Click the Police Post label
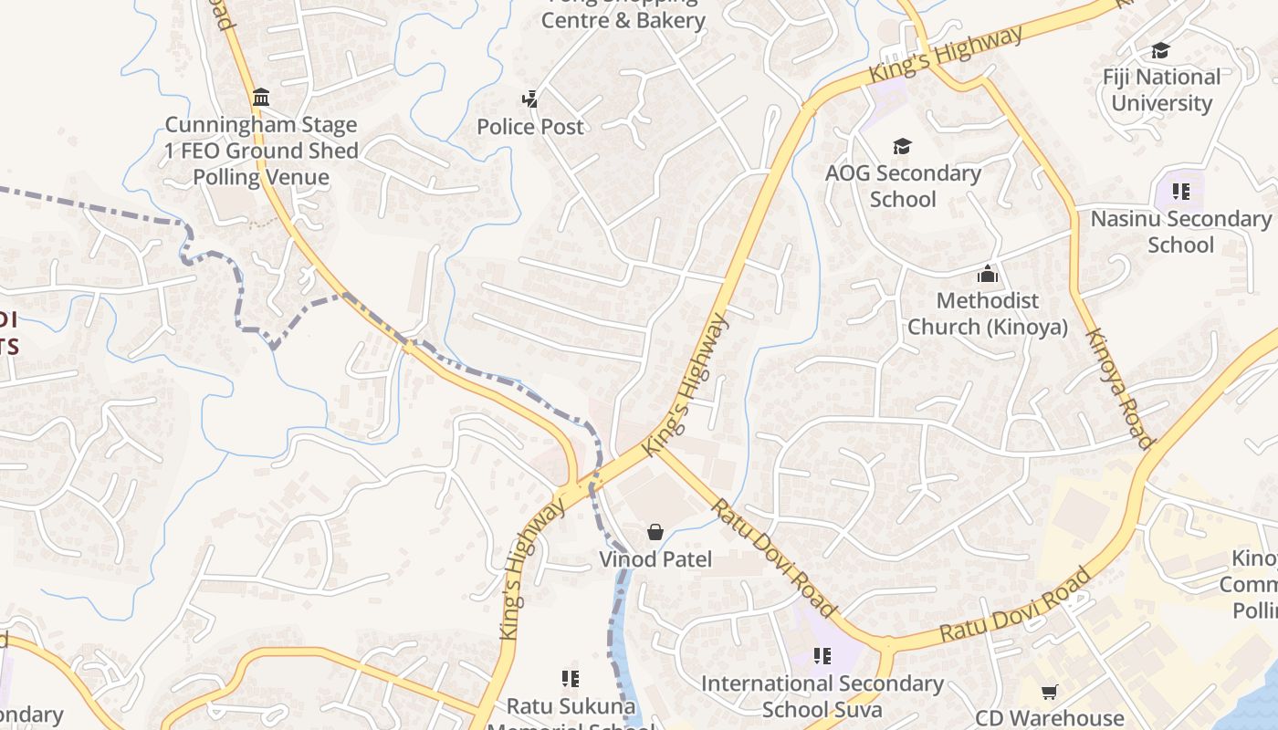tap(529, 126)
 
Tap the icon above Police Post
tap(529, 99)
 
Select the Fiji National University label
tap(1161, 89)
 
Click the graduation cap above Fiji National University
tap(1160, 51)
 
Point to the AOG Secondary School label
tap(903, 185)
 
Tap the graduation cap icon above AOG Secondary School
tap(902, 146)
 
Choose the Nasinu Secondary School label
tap(1180, 231)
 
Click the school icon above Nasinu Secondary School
tap(1181, 192)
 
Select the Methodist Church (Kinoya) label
tap(988, 313)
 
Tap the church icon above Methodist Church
tap(987, 274)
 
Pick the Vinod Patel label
tap(655, 558)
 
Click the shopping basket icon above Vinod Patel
tap(655, 532)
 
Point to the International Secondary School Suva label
tap(822, 695)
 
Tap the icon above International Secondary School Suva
tap(822, 655)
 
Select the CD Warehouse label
tap(1050, 718)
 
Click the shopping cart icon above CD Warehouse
tap(1050, 693)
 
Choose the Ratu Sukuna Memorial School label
tap(571, 712)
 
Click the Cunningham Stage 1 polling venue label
tap(261, 151)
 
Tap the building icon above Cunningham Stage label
tap(261, 97)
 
